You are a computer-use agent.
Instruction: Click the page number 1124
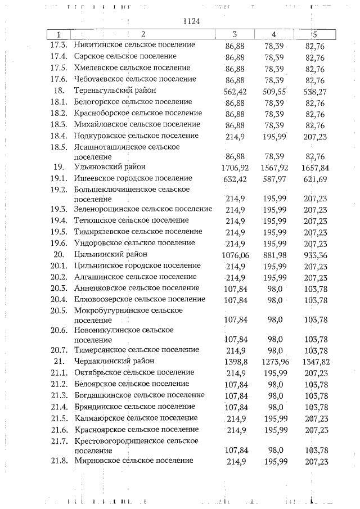192,21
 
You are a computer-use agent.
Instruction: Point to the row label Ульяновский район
109,167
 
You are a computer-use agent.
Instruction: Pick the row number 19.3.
58,209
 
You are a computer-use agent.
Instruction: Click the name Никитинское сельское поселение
134,44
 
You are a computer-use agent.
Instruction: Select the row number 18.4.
58,136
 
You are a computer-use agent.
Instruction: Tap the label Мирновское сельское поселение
134,461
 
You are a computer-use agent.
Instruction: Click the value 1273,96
275,361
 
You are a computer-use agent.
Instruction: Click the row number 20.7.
58,349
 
